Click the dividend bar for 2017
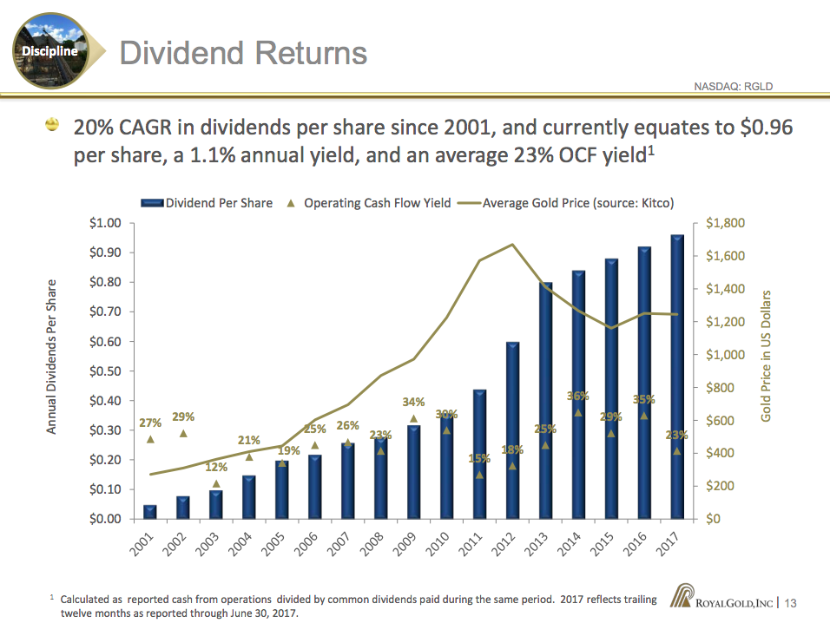click(677, 377)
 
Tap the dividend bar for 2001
click(150, 511)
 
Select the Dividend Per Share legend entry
click(208, 203)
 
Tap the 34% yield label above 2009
click(413, 402)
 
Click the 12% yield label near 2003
click(216, 468)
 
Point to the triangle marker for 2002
click(183, 433)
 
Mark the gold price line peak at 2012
click(512, 245)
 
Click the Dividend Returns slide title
click(243, 53)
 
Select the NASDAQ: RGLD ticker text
click(734, 86)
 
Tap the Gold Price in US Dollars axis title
click(766, 356)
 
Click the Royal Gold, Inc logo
click(723, 601)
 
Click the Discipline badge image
click(55, 49)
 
